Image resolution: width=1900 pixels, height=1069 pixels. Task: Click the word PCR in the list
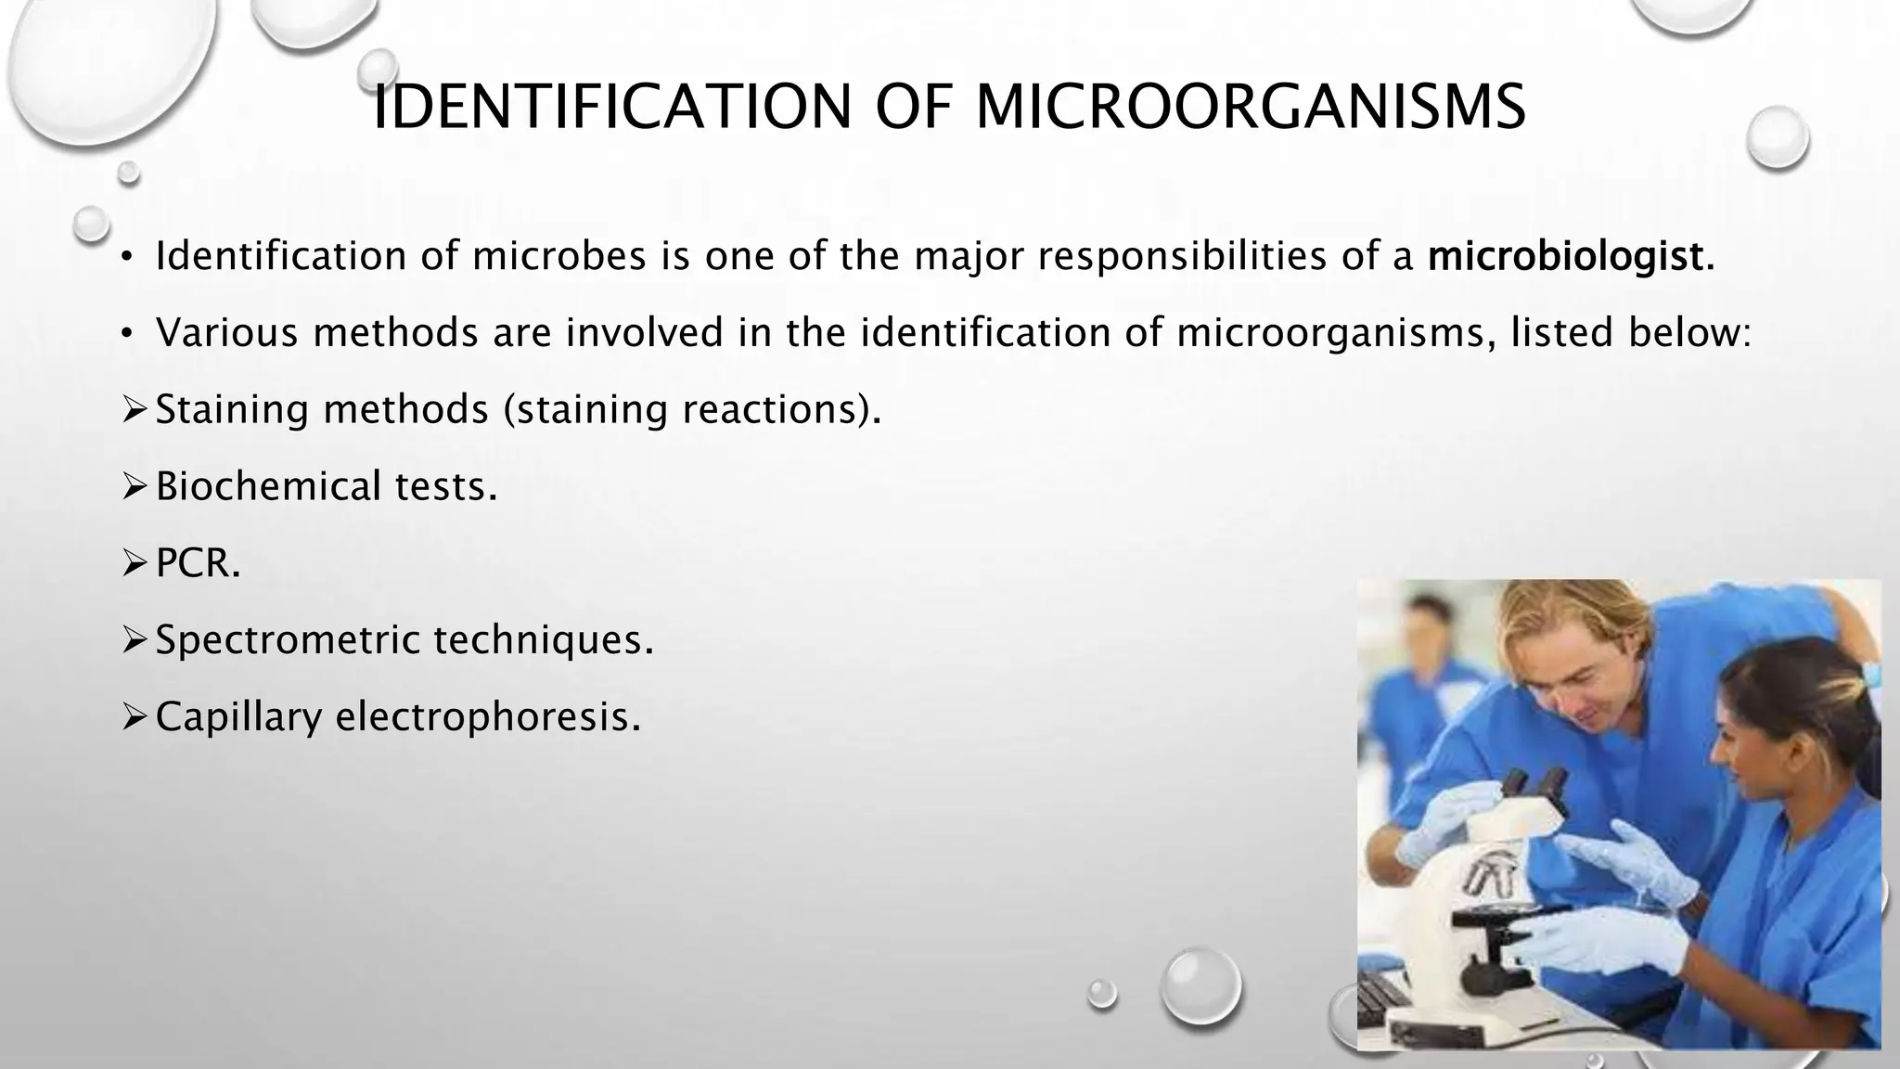click(x=197, y=563)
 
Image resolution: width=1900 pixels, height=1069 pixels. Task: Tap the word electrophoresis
click(x=488, y=716)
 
